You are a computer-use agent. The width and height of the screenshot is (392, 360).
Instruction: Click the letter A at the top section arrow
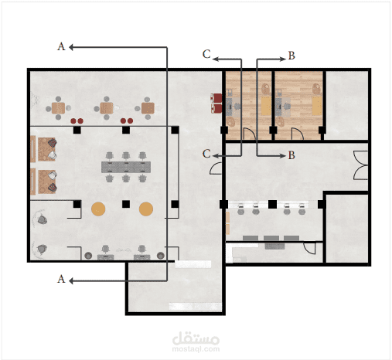pyautogui.click(x=61, y=46)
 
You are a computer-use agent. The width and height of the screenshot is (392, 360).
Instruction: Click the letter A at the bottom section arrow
pyautogui.click(x=61, y=279)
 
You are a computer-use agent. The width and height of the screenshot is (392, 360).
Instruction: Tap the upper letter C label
pyautogui.click(x=206, y=54)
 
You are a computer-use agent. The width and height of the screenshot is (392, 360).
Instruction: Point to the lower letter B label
pyautogui.click(x=291, y=155)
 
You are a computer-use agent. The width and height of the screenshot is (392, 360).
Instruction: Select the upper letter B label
pyautogui.click(x=291, y=56)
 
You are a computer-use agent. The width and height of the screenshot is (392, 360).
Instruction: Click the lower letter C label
pyautogui.click(x=206, y=154)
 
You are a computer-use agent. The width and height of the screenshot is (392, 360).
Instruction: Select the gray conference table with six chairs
pyautogui.click(x=126, y=167)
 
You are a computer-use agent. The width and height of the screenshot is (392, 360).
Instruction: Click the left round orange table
pyautogui.click(x=98, y=209)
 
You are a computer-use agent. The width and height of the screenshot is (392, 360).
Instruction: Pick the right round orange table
pyautogui.click(x=146, y=209)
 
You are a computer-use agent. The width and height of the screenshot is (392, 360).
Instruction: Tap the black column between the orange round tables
pyautogui.click(x=126, y=204)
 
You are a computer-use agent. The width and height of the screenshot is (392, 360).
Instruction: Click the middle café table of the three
pyautogui.click(x=107, y=108)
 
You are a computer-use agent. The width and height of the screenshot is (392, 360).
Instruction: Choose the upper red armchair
pyautogui.click(x=216, y=98)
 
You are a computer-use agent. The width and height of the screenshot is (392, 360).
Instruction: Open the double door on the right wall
pyautogui.click(x=361, y=165)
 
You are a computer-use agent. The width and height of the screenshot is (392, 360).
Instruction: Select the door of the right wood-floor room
pyautogui.click(x=298, y=134)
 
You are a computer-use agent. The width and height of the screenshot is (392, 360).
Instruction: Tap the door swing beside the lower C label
pyautogui.click(x=216, y=168)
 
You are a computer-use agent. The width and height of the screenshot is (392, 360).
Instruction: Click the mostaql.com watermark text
pyautogui.click(x=196, y=349)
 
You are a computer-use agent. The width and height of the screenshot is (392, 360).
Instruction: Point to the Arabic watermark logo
pyautogui.click(x=196, y=338)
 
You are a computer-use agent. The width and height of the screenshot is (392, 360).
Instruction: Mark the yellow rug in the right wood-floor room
pyautogui.click(x=317, y=106)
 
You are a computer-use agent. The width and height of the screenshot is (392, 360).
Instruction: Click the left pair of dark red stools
pyautogui.click(x=77, y=121)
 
